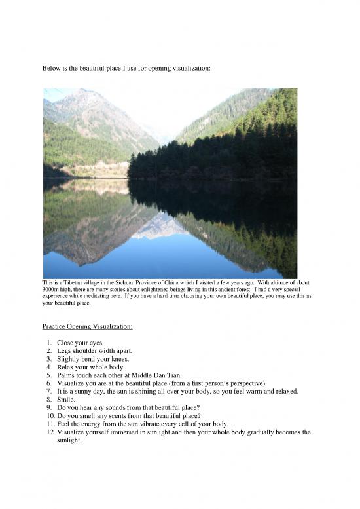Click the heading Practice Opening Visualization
click(x=87, y=326)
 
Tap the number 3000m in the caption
click(x=54, y=290)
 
